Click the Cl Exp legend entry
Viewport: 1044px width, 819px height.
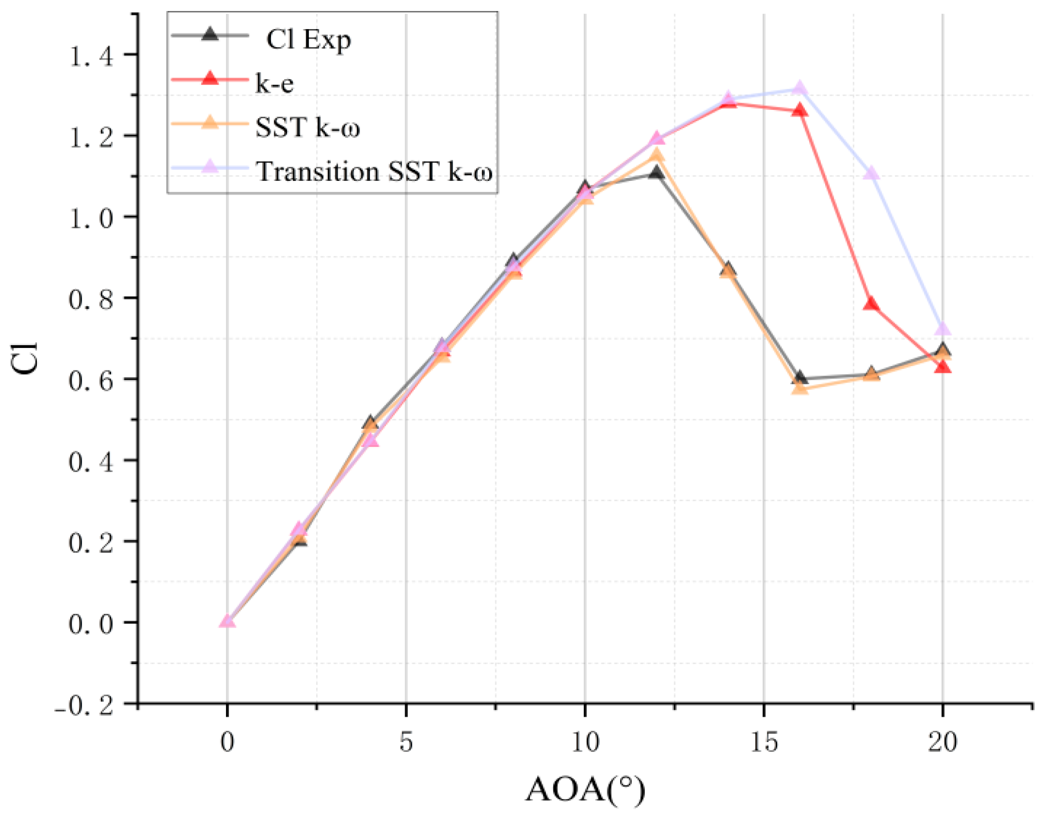[308, 40]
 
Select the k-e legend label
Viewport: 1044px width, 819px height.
[274, 84]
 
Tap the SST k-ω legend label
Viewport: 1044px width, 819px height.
[307, 128]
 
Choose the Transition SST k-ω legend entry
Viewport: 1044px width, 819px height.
[374, 171]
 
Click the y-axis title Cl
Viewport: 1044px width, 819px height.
[25, 358]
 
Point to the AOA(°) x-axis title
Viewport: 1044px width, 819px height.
[585, 790]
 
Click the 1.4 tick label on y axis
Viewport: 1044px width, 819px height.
[91, 55]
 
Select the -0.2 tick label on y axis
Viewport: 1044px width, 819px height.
[85, 704]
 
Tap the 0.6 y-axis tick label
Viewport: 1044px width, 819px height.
[91, 379]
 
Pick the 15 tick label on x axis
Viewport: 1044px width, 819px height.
[764, 742]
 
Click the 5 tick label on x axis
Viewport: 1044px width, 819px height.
[406, 742]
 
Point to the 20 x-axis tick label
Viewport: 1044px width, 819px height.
[942, 742]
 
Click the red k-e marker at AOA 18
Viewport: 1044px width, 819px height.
[871, 304]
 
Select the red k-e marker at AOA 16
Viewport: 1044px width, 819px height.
[800, 110]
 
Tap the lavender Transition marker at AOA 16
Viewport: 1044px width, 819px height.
[800, 88]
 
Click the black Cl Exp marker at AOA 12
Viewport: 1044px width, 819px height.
[656, 173]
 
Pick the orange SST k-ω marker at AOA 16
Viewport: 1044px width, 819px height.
[800, 389]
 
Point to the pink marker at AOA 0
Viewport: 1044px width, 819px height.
[227, 621]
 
